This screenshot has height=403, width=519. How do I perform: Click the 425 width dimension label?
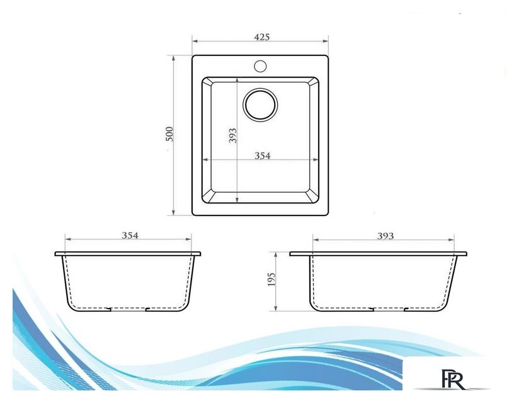pyautogui.click(x=262, y=37)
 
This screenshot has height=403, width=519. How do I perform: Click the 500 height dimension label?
pyautogui.click(x=169, y=133)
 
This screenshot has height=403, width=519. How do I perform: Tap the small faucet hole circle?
pyautogui.click(x=261, y=66)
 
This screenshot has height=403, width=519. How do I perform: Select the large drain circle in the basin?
pyautogui.click(x=260, y=105)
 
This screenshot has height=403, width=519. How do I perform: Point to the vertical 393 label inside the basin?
pyautogui.click(x=232, y=135)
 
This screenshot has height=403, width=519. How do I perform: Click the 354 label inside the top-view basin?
pyautogui.click(x=263, y=155)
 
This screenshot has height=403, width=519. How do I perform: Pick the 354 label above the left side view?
pyautogui.click(x=130, y=236)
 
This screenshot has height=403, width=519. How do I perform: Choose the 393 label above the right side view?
pyautogui.click(x=385, y=236)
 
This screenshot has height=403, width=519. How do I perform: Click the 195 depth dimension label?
pyautogui.click(x=271, y=280)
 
